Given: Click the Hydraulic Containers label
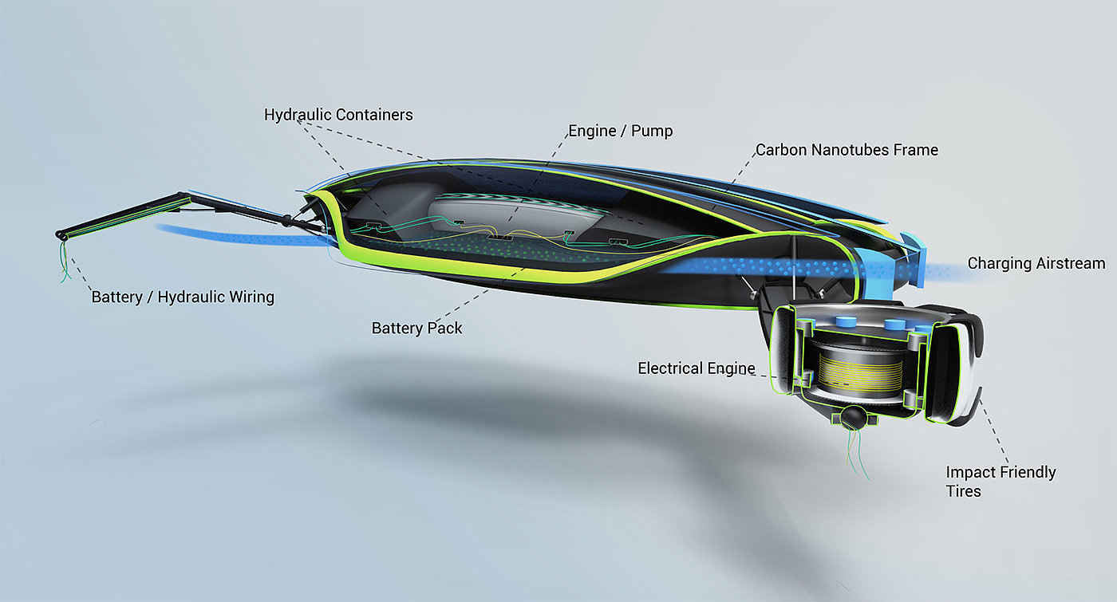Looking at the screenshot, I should tap(338, 115).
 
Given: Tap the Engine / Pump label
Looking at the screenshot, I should tap(620, 131).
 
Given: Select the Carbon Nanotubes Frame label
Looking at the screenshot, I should tap(847, 150).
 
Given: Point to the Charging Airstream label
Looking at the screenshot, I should tap(1036, 263).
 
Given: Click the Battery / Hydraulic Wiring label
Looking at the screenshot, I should tap(183, 297).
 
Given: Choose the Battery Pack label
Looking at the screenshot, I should tap(416, 328).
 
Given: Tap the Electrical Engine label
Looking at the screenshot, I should tap(696, 368).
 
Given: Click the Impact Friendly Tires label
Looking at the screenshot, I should tap(1001, 481).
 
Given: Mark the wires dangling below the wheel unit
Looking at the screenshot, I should tap(855, 454).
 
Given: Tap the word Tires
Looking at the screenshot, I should tap(963, 490).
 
